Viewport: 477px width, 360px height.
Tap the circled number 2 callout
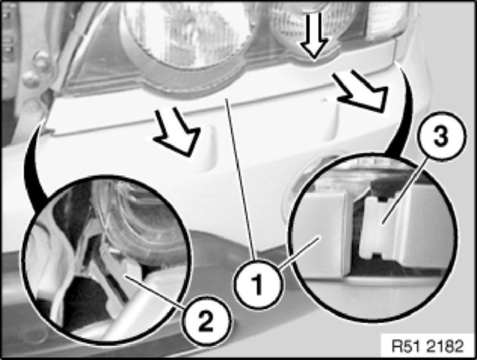coord(206,322)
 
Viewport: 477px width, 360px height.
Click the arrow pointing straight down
coord(315,36)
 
